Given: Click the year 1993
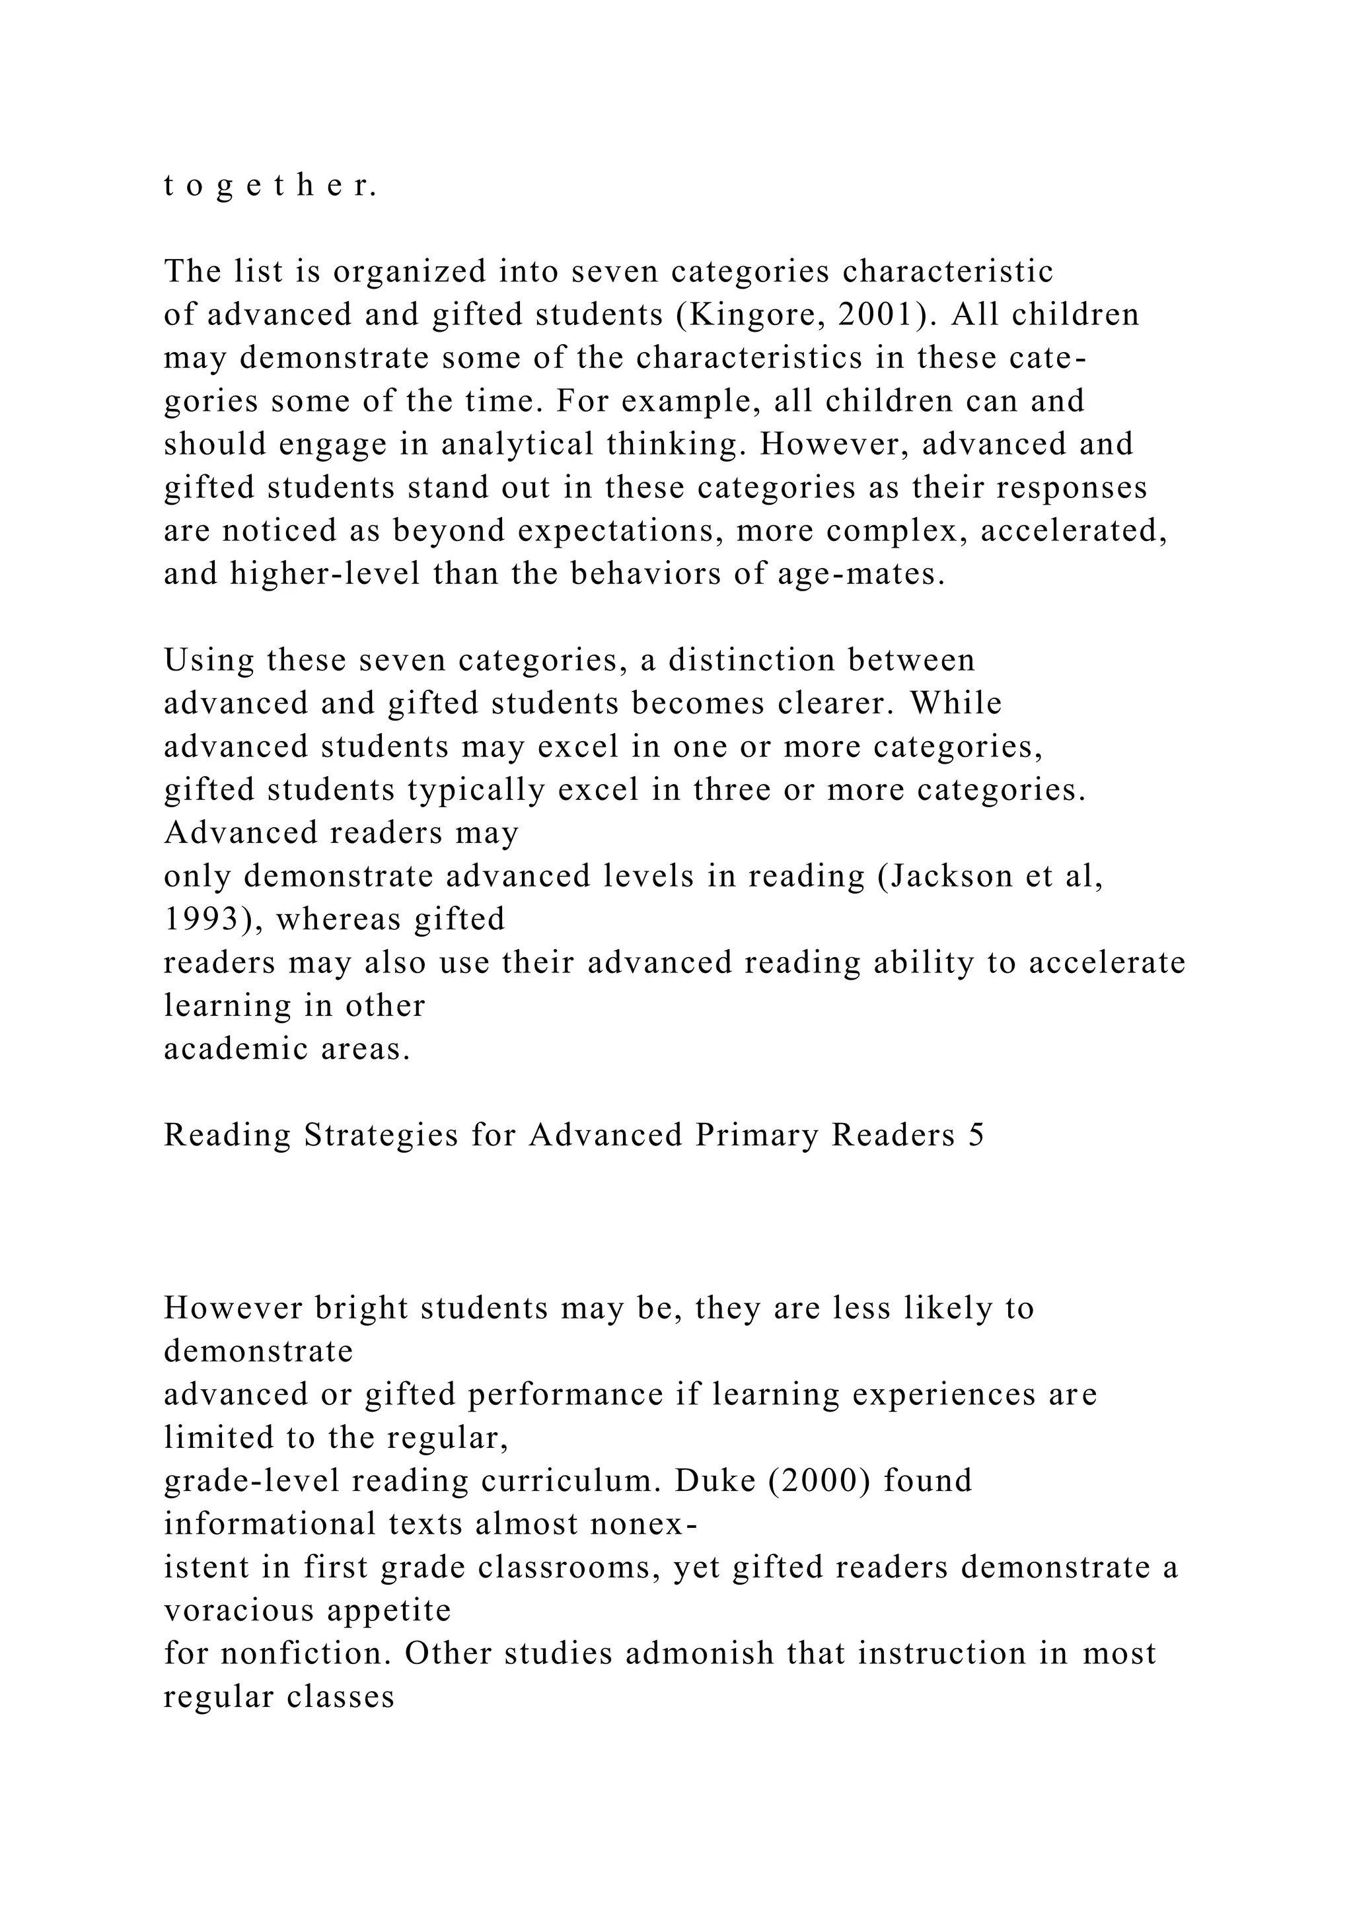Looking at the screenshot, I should click(200, 920).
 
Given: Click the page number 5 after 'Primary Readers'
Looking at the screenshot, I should click(976, 1136).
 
